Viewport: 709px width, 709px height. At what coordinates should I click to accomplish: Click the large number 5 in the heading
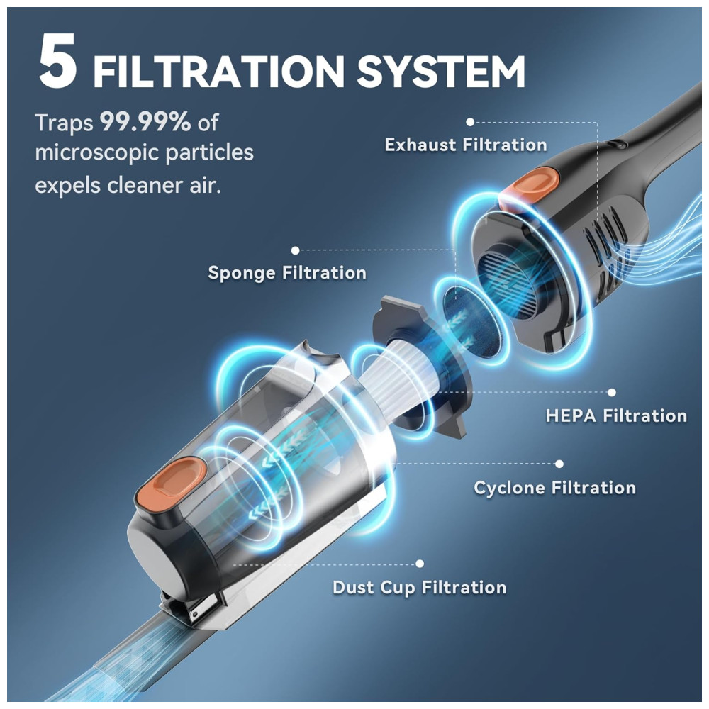pyautogui.click(x=57, y=60)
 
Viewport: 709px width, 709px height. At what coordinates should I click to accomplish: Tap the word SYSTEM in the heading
pyautogui.click(x=441, y=72)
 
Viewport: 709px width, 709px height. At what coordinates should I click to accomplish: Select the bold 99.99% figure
pyautogui.click(x=145, y=122)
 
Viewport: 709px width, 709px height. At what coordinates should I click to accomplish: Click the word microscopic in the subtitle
pyautogui.click(x=96, y=152)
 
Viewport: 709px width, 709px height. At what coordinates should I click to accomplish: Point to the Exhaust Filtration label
pyautogui.click(x=466, y=145)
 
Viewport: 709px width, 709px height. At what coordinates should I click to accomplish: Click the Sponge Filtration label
pyautogui.click(x=287, y=273)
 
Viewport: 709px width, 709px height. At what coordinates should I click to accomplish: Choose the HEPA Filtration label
pyautogui.click(x=616, y=415)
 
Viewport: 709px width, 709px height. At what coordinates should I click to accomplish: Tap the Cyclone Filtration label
pyautogui.click(x=555, y=488)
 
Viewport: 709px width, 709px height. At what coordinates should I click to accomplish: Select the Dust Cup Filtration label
pyautogui.click(x=419, y=587)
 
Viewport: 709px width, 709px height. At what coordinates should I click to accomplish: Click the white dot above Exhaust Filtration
pyautogui.click(x=470, y=122)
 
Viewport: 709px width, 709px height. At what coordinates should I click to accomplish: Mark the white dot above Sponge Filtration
pyautogui.click(x=295, y=250)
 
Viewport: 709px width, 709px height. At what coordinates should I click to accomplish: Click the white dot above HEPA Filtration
pyautogui.click(x=612, y=393)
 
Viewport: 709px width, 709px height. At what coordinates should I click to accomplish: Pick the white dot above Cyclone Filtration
pyautogui.click(x=559, y=464)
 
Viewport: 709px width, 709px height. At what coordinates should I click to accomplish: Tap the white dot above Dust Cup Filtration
pyautogui.click(x=420, y=564)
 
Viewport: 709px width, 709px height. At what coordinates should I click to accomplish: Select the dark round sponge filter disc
pyautogui.click(x=468, y=316)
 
